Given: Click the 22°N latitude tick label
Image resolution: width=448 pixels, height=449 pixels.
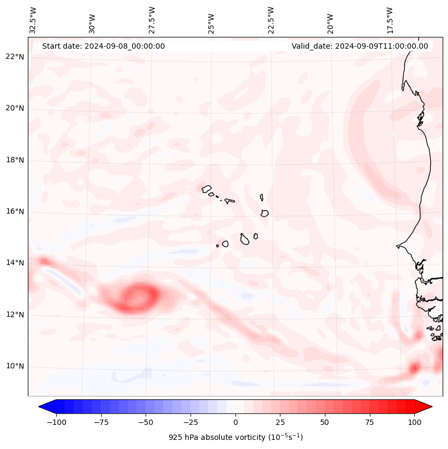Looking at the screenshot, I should click(x=15, y=57).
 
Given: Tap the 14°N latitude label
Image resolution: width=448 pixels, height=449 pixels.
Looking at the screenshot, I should click(x=15, y=263).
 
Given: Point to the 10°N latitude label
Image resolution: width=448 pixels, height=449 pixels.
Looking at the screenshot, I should click(x=15, y=367).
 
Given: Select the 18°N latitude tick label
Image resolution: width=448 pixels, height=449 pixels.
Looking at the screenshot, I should click(x=15, y=160).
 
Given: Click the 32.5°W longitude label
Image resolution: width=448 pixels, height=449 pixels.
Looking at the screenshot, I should click(x=33, y=20).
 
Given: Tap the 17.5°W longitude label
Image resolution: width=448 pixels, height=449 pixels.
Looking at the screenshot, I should click(x=390, y=20).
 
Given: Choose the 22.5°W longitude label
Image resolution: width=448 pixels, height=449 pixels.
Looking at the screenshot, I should click(x=270, y=20).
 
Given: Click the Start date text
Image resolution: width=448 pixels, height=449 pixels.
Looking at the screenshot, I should click(x=103, y=46).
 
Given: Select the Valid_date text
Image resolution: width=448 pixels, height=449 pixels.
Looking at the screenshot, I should click(x=360, y=46).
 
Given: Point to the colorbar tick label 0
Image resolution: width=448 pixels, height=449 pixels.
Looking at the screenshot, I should click(x=235, y=422).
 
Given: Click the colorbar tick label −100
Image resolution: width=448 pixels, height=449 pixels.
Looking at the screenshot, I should click(x=56, y=422).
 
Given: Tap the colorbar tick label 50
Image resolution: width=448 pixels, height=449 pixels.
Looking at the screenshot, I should click(x=324, y=422).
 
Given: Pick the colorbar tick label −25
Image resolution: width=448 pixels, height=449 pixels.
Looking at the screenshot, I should click(x=190, y=422).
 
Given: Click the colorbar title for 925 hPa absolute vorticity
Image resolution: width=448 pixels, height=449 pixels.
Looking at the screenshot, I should click(x=235, y=437).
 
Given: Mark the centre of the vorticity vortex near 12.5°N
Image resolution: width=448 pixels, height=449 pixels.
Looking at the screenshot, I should click(x=140, y=296).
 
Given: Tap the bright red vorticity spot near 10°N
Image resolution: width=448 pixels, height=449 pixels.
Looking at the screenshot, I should click(x=414, y=368).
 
